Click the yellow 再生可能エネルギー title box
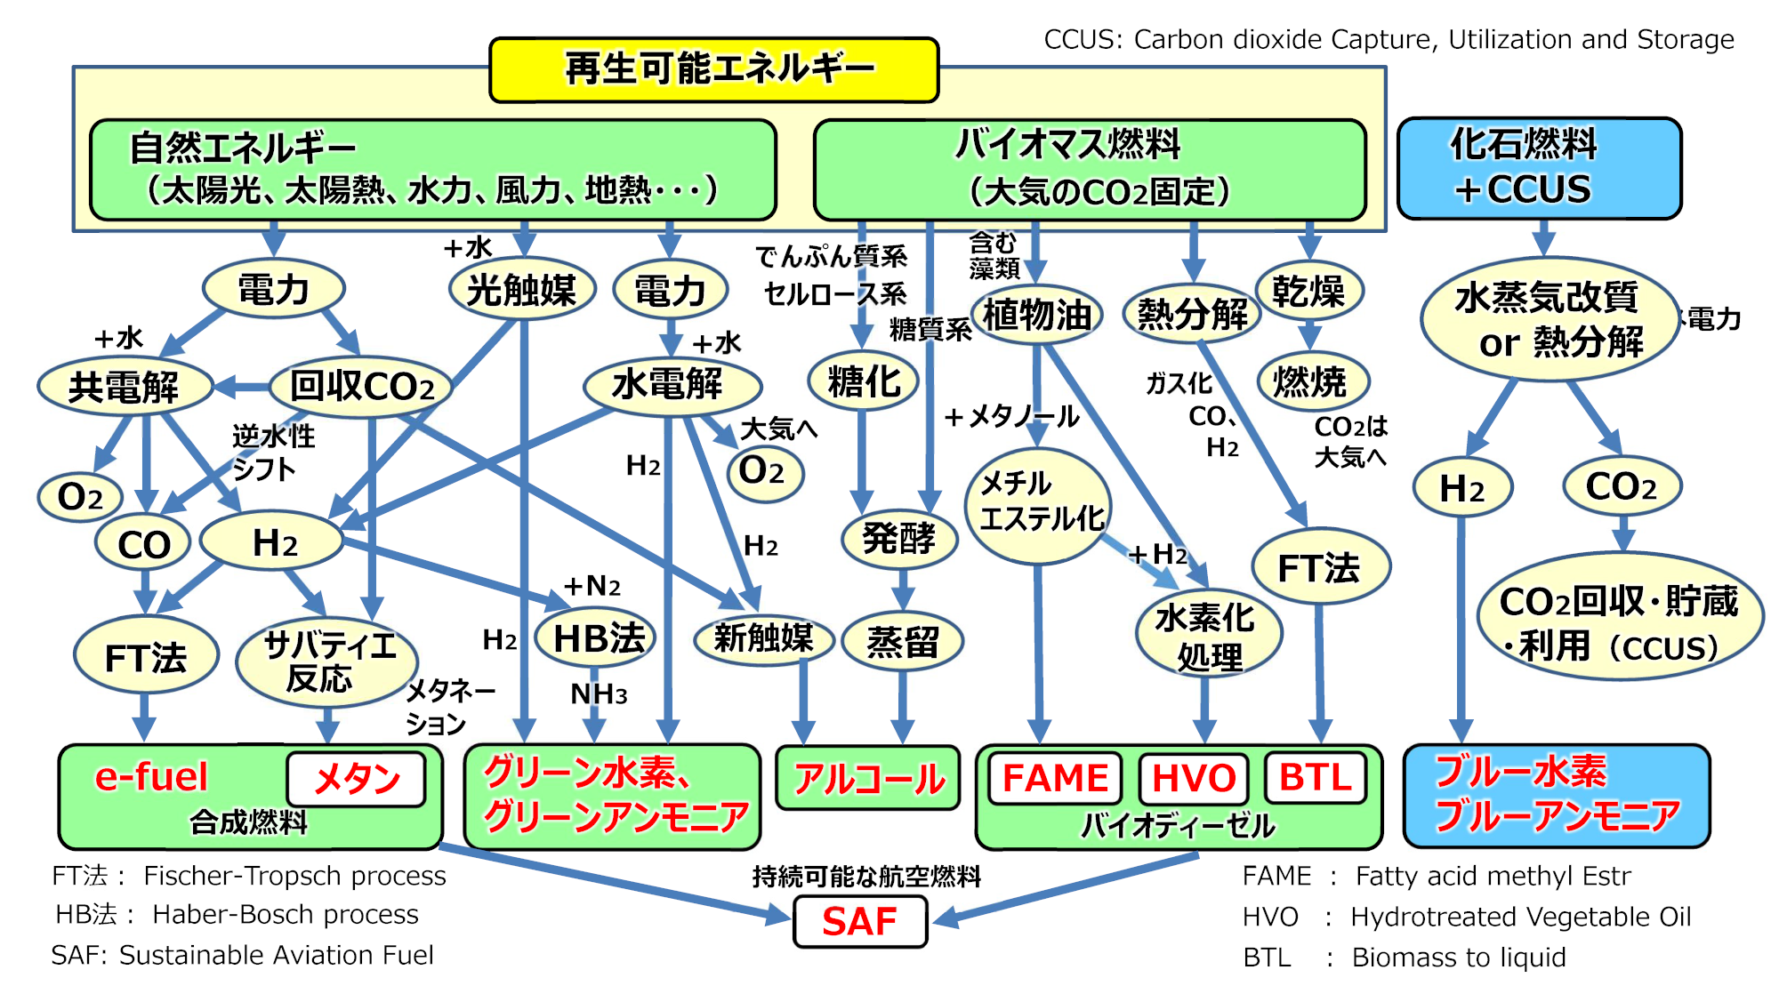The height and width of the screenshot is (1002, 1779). click(x=714, y=69)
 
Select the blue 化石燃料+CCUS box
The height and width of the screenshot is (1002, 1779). click(x=1539, y=168)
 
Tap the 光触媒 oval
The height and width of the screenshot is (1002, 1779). click(x=522, y=290)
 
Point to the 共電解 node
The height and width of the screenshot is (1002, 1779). click(x=125, y=387)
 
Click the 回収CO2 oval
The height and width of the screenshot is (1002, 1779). click(x=361, y=387)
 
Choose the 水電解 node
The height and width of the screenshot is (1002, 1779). click(x=672, y=385)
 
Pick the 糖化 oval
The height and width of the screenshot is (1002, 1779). click(x=863, y=381)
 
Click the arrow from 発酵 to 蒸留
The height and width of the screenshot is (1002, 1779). click(x=902, y=590)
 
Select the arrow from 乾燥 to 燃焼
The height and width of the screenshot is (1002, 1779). click(x=1309, y=336)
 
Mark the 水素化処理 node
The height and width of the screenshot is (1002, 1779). click(x=1208, y=635)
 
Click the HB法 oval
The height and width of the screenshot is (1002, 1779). click(x=596, y=637)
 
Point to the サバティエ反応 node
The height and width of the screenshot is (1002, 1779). click(x=327, y=662)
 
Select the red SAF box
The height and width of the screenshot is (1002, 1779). click(x=859, y=921)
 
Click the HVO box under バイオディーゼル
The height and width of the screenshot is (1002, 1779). click(x=1194, y=778)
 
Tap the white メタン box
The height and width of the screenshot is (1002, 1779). click(x=357, y=779)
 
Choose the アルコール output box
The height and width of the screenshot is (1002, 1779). click(x=868, y=779)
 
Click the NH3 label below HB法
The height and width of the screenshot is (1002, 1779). click(x=599, y=693)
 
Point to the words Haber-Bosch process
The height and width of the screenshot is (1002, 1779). click(x=286, y=914)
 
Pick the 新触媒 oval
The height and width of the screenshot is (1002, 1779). click(x=763, y=637)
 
